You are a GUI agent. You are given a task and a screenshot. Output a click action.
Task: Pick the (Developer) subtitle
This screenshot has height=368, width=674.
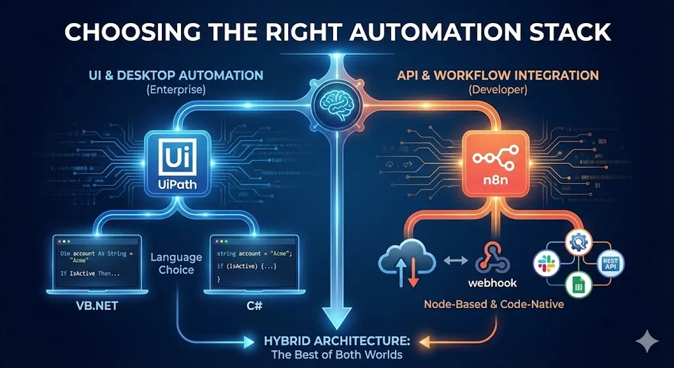click(x=497, y=89)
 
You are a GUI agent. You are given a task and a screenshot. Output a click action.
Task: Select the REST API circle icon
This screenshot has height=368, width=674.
click(x=609, y=263)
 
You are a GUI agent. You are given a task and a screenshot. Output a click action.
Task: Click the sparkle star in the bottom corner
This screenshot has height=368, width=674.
click(x=646, y=341)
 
